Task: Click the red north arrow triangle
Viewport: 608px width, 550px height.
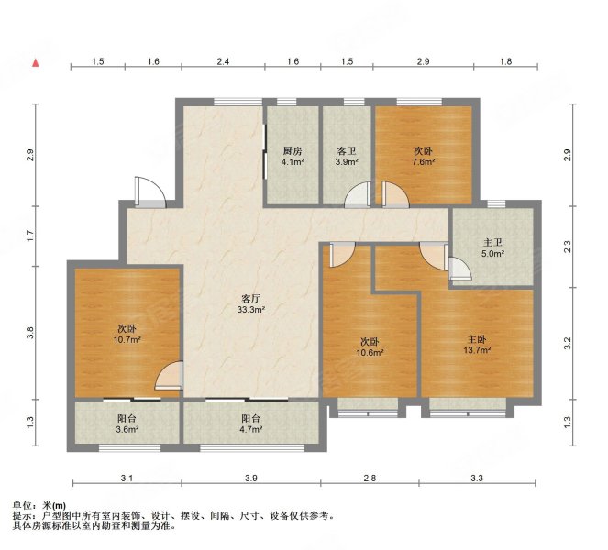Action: pyautogui.click(x=36, y=62)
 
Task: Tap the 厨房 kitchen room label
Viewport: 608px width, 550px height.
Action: pyautogui.click(x=293, y=151)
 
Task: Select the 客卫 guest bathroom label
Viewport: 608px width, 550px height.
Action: pyautogui.click(x=347, y=151)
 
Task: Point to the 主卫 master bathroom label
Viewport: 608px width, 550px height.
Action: pyautogui.click(x=492, y=243)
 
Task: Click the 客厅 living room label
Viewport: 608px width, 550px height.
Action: pyautogui.click(x=250, y=299)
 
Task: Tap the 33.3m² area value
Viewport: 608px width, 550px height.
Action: pyautogui.click(x=251, y=309)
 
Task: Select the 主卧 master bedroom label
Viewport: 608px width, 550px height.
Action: pyautogui.click(x=477, y=339)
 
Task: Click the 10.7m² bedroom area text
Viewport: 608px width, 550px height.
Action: pyautogui.click(x=127, y=340)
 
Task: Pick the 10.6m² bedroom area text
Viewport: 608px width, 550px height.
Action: pyautogui.click(x=370, y=353)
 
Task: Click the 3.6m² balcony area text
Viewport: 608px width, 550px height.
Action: pyautogui.click(x=127, y=429)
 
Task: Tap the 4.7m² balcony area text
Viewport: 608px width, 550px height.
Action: pyautogui.click(x=251, y=429)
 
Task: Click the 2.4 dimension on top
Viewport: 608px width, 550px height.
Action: pyautogui.click(x=223, y=61)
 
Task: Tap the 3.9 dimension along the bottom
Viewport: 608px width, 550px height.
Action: pyautogui.click(x=251, y=478)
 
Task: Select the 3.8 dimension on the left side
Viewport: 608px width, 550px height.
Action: pyautogui.click(x=30, y=333)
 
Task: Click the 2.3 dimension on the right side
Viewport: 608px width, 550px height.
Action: pyautogui.click(x=568, y=246)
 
